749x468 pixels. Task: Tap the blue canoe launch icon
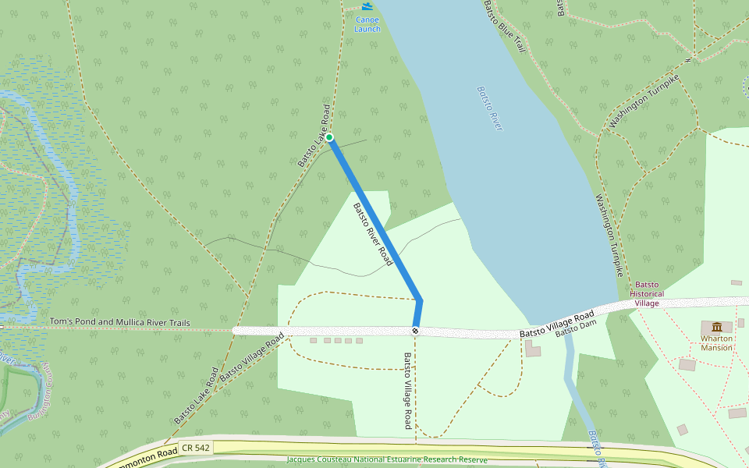[x=367, y=6]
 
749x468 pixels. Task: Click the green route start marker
[x=330, y=138]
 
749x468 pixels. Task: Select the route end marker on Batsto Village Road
[x=416, y=331]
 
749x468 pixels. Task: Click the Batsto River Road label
[x=372, y=234]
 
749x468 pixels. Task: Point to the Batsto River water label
[x=489, y=108]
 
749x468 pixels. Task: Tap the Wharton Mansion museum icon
[x=717, y=326]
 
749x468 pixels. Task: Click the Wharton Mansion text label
[x=716, y=343]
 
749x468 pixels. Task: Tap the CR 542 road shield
[x=194, y=448]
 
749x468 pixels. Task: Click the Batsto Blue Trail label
[x=504, y=27]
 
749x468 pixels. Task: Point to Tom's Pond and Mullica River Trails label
[x=119, y=322]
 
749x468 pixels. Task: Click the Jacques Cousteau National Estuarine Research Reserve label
[x=386, y=460]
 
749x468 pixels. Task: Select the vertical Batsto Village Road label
[x=406, y=391]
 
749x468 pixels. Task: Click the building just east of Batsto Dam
[x=533, y=349]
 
